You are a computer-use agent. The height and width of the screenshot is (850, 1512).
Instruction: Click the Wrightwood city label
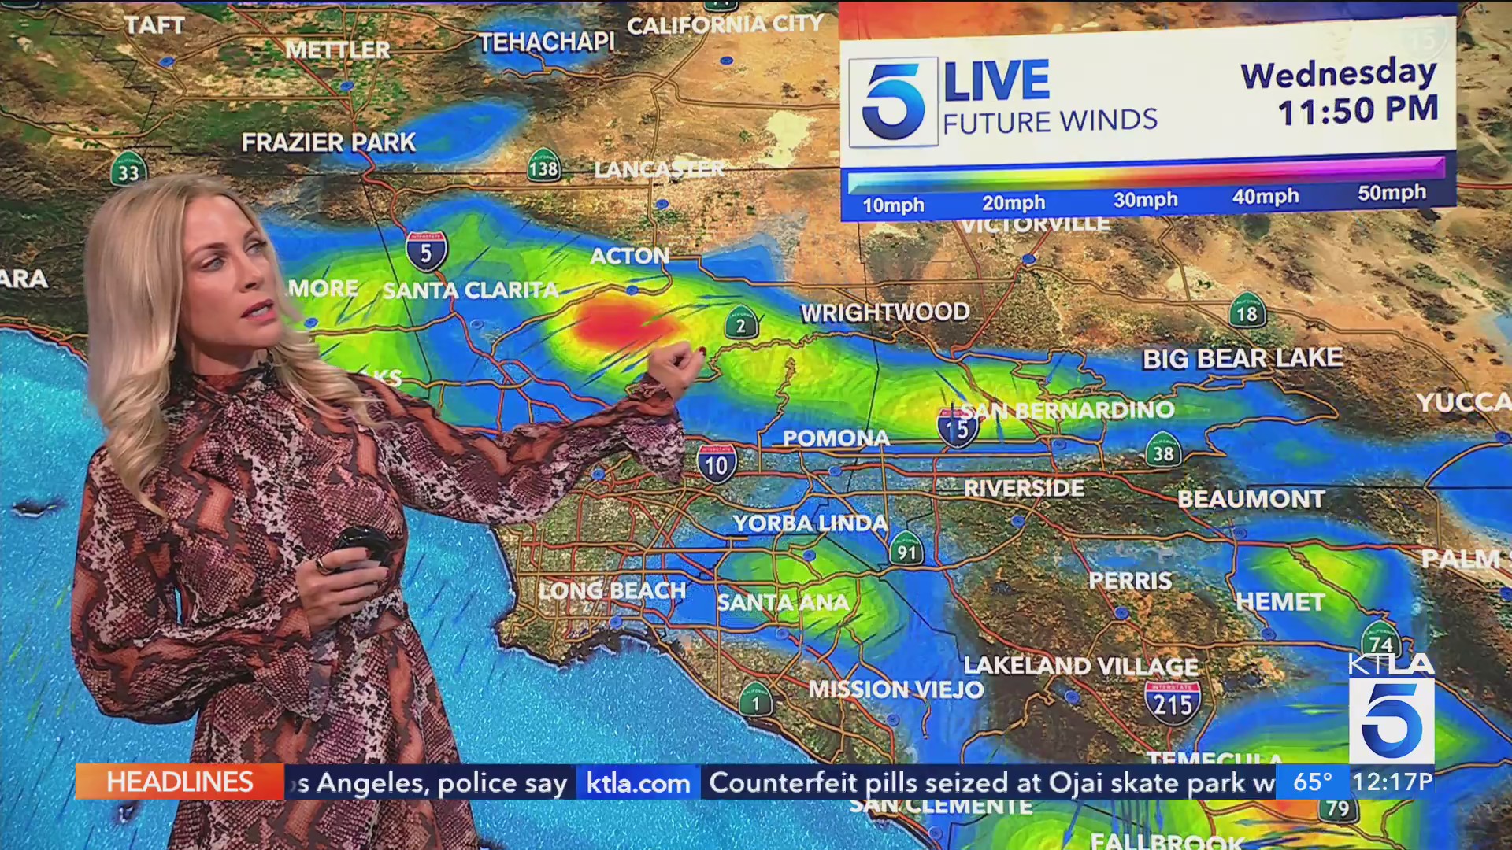885,312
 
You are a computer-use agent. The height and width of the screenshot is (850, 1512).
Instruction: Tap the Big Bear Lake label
1243,359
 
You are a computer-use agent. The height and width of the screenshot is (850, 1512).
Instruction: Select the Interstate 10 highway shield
717,464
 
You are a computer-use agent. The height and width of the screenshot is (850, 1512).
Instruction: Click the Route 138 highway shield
543,166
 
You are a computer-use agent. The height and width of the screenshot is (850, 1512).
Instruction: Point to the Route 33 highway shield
128,169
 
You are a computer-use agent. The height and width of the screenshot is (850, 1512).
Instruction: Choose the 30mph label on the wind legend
1145,200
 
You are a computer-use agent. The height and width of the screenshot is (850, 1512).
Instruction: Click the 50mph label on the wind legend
1392,194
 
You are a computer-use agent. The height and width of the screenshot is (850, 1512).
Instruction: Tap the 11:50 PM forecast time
1358,110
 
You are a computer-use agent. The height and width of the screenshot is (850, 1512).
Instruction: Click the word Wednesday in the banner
1339,74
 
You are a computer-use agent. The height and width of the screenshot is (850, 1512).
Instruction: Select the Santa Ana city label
783,603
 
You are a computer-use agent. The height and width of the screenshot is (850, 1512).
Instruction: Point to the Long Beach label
613,590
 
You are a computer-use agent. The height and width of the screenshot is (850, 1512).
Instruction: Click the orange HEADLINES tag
180,782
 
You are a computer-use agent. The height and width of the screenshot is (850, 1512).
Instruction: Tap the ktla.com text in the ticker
638,783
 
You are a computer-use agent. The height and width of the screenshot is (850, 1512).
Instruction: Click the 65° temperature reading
1312,782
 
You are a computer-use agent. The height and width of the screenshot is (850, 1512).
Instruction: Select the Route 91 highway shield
906,549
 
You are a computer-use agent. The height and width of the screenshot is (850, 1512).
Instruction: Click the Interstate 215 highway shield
1173,702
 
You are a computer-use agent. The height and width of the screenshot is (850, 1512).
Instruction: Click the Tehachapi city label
547,42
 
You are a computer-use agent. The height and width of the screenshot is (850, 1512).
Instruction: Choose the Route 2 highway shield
741,323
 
